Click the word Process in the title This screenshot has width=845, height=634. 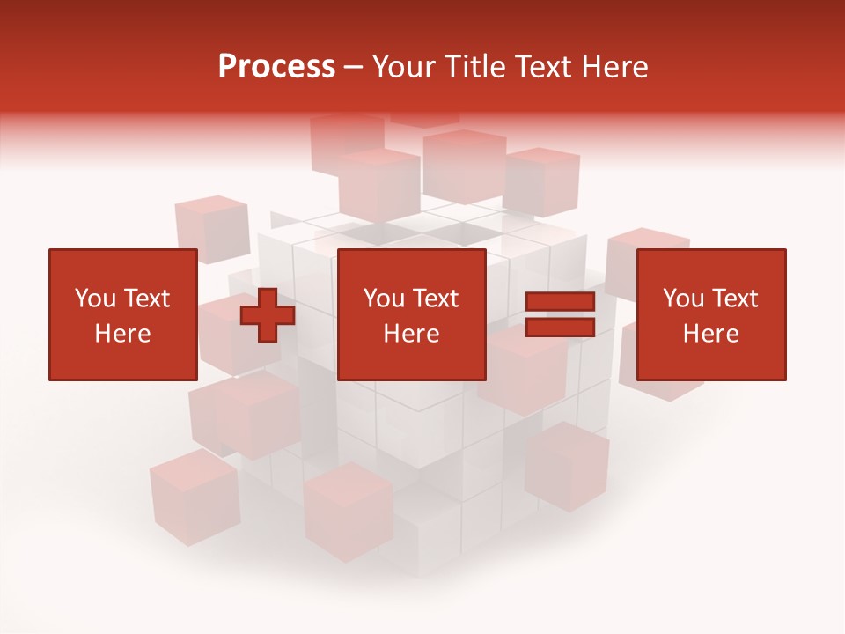click(x=276, y=67)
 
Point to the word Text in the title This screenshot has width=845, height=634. click(x=544, y=67)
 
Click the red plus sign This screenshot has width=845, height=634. click(x=268, y=315)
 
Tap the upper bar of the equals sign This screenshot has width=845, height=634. click(x=560, y=302)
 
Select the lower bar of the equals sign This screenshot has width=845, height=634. click(x=560, y=328)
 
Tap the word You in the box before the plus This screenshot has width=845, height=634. click(x=95, y=299)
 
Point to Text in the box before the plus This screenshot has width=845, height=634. click(x=146, y=299)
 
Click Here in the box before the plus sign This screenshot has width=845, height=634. click(x=122, y=334)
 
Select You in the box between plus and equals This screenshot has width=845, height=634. click(x=384, y=299)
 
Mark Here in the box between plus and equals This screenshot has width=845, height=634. click(x=411, y=334)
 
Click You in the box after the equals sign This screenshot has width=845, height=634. click(x=683, y=299)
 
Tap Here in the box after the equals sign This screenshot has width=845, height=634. click(x=710, y=334)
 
